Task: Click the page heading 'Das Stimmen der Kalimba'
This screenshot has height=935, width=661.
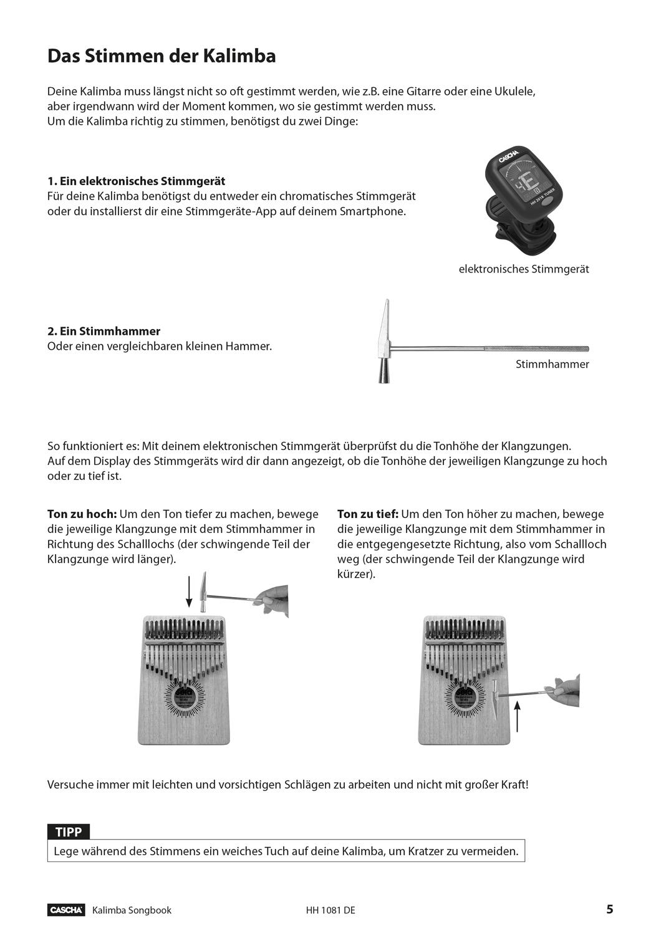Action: click(x=162, y=56)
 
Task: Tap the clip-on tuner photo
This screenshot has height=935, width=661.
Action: click(x=524, y=197)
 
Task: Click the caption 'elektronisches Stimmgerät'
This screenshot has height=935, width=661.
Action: click(x=523, y=269)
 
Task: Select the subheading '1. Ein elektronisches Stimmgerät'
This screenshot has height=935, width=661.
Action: click(x=137, y=181)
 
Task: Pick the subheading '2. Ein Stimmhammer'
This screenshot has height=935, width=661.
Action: click(x=104, y=331)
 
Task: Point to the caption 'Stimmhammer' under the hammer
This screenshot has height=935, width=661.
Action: click(x=552, y=364)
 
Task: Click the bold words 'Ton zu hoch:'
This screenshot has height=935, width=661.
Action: click(x=82, y=514)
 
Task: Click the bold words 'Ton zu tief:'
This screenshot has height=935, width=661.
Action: click(x=367, y=514)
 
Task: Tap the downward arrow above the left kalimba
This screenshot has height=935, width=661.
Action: click(x=189, y=592)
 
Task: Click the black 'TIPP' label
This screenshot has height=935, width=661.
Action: click(x=69, y=832)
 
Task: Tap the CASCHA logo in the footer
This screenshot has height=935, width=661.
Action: click(x=66, y=910)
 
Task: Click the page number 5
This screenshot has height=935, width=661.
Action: click(x=609, y=909)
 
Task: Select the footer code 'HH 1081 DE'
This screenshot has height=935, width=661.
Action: click(x=330, y=910)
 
